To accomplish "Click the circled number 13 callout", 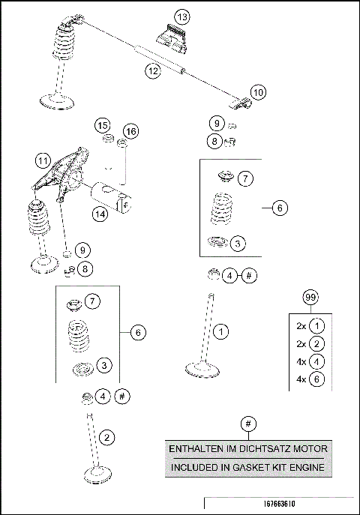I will click(x=181, y=17).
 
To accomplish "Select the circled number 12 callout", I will click(x=153, y=70).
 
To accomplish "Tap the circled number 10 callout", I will click(x=257, y=92).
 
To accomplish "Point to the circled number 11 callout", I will click(x=43, y=160).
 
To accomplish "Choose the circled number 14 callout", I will click(x=99, y=214).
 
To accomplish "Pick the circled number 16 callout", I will click(x=131, y=132).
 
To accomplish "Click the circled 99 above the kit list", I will click(x=309, y=298).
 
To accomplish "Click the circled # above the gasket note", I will click(x=247, y=423).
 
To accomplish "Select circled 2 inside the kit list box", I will click(x=318, y=343).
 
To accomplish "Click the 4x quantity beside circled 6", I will click(x=300, y=379).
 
